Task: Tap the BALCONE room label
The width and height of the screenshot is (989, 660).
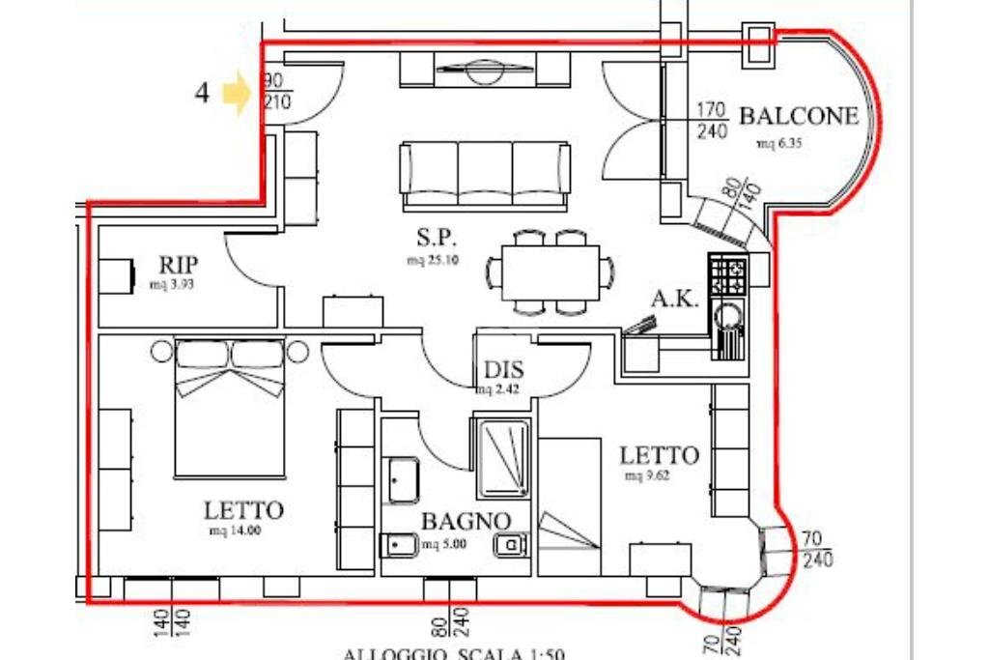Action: click(x=798, y=117)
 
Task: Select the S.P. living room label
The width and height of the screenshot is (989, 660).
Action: click(x=436, y=238)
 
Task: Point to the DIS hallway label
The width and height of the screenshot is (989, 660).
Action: click(x=504, y=370)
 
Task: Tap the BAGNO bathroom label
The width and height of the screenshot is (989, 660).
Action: click(x=465, y=522)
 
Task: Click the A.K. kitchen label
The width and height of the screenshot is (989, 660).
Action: click(x=673, y=299)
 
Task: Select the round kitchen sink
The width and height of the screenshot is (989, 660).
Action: click(x=727, y=315)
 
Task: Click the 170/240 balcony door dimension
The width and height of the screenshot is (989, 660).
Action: click(x=712, y=121)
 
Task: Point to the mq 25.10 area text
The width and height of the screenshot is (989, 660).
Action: click(x=432, y=260)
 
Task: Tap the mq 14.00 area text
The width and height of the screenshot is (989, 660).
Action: click(x=236, y=531)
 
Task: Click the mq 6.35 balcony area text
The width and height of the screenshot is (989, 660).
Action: click(x=780, y=144)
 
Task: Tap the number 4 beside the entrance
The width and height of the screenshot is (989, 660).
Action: click(x=202, y=94)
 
